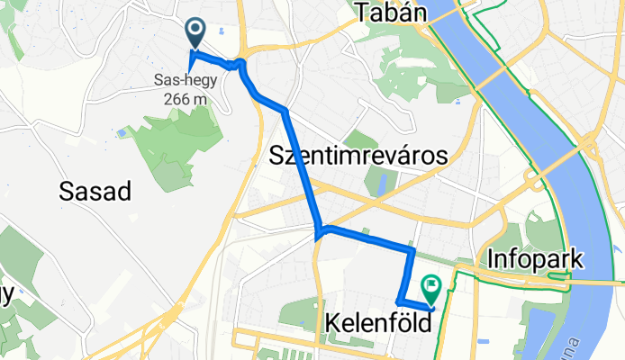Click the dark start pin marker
click(195, 32)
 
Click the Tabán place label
click(390, 12)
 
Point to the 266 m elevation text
click(186, 98)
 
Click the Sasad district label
click(95, 191)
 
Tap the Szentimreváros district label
click(358, 156)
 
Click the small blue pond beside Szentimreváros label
click(381, 184)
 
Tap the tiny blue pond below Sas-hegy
click(122, 133)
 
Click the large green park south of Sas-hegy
click(171, 148)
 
